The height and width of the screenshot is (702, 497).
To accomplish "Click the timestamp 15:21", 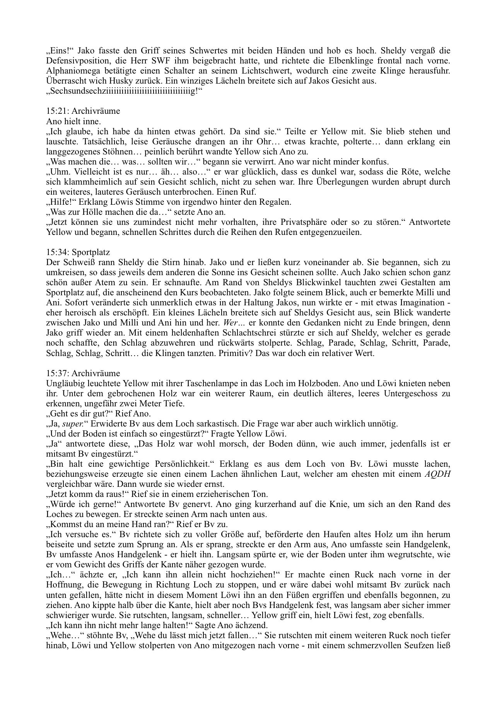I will [x=56, y=111].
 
